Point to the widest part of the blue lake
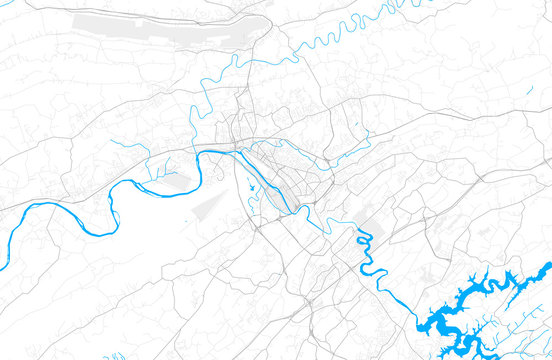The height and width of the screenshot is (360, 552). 445,321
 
